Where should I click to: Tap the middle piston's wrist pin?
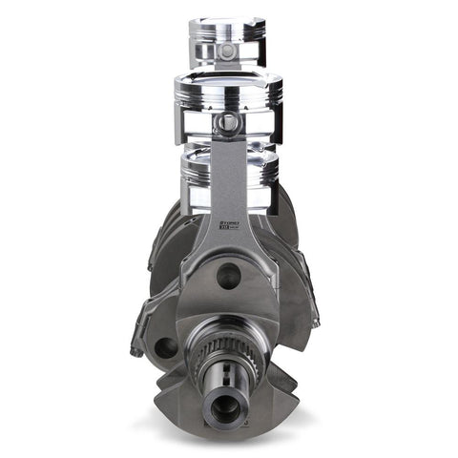coord(227,122)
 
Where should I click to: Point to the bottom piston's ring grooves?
coord(229,172)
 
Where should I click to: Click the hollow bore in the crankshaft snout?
coord(225,407)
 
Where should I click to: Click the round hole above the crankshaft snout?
coord(228,277)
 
